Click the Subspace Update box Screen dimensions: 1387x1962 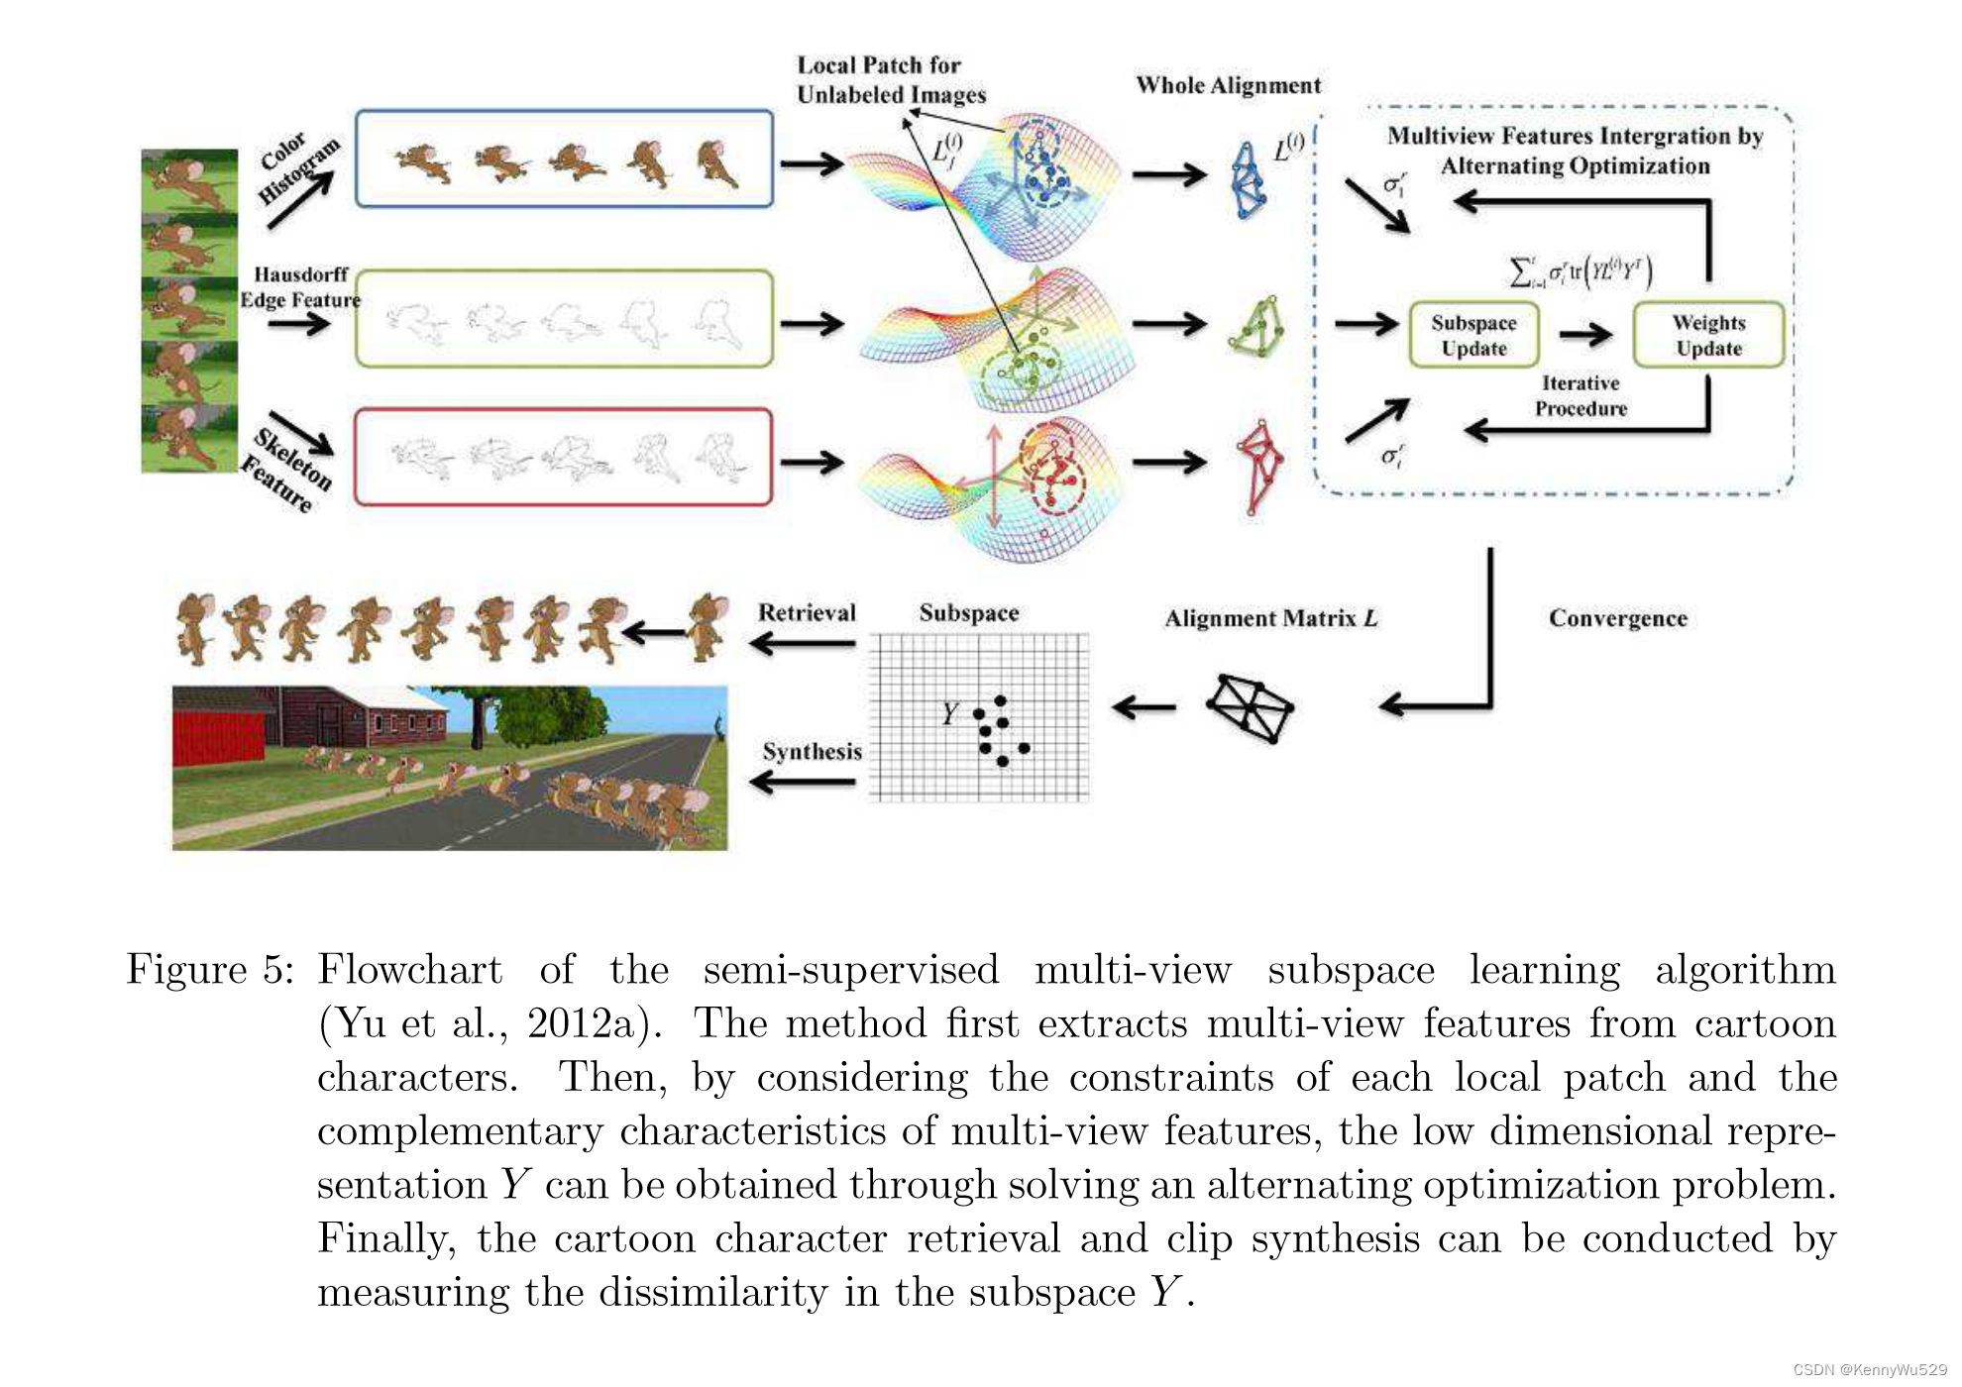pos(1473,335)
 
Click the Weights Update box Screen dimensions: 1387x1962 pos(1708,335)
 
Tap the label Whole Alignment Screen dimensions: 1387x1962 pos(1228,85)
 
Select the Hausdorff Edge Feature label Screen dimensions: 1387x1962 pos(300,286)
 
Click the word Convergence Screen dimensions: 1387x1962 pos(1617,618)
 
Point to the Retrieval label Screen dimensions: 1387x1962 pos(807,612)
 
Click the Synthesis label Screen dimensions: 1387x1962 pos(812,751)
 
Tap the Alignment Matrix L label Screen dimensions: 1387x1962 pos(1270,618)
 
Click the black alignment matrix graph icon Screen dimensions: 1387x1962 pos(1250,707)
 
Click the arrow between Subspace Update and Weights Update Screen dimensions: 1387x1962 pos(1585,335)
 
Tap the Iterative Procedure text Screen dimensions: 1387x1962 pos(1580,395)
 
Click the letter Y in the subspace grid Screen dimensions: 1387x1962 pos(950,712)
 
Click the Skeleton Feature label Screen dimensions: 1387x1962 pos(287,469)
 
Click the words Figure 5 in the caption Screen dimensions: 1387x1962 pos(209,969)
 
